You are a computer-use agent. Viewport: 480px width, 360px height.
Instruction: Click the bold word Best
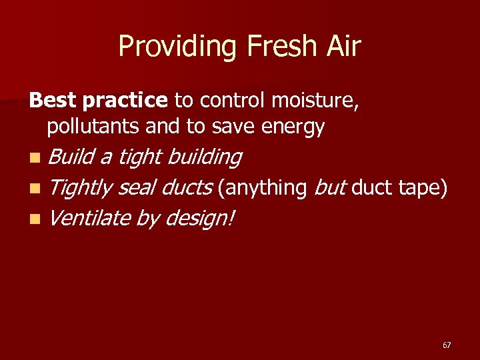click(53, 101)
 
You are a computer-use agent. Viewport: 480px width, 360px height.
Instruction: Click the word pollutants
click(93, 126)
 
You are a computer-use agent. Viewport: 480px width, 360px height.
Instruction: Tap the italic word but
click(330, 188)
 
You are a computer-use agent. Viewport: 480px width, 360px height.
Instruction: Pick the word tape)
click(423, 189)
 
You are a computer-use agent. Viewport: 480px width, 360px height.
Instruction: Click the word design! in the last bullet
click(199, 219)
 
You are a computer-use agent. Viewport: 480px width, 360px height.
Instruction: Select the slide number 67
click(446, 345)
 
